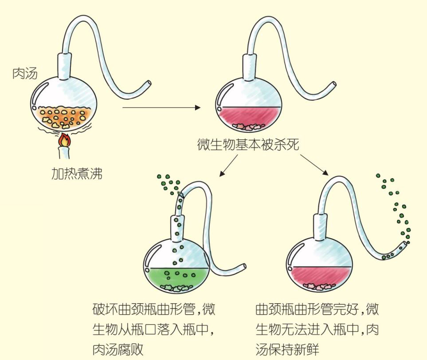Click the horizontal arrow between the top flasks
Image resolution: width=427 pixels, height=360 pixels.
coord(159,107)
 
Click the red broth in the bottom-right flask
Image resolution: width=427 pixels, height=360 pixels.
coord(319,277)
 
